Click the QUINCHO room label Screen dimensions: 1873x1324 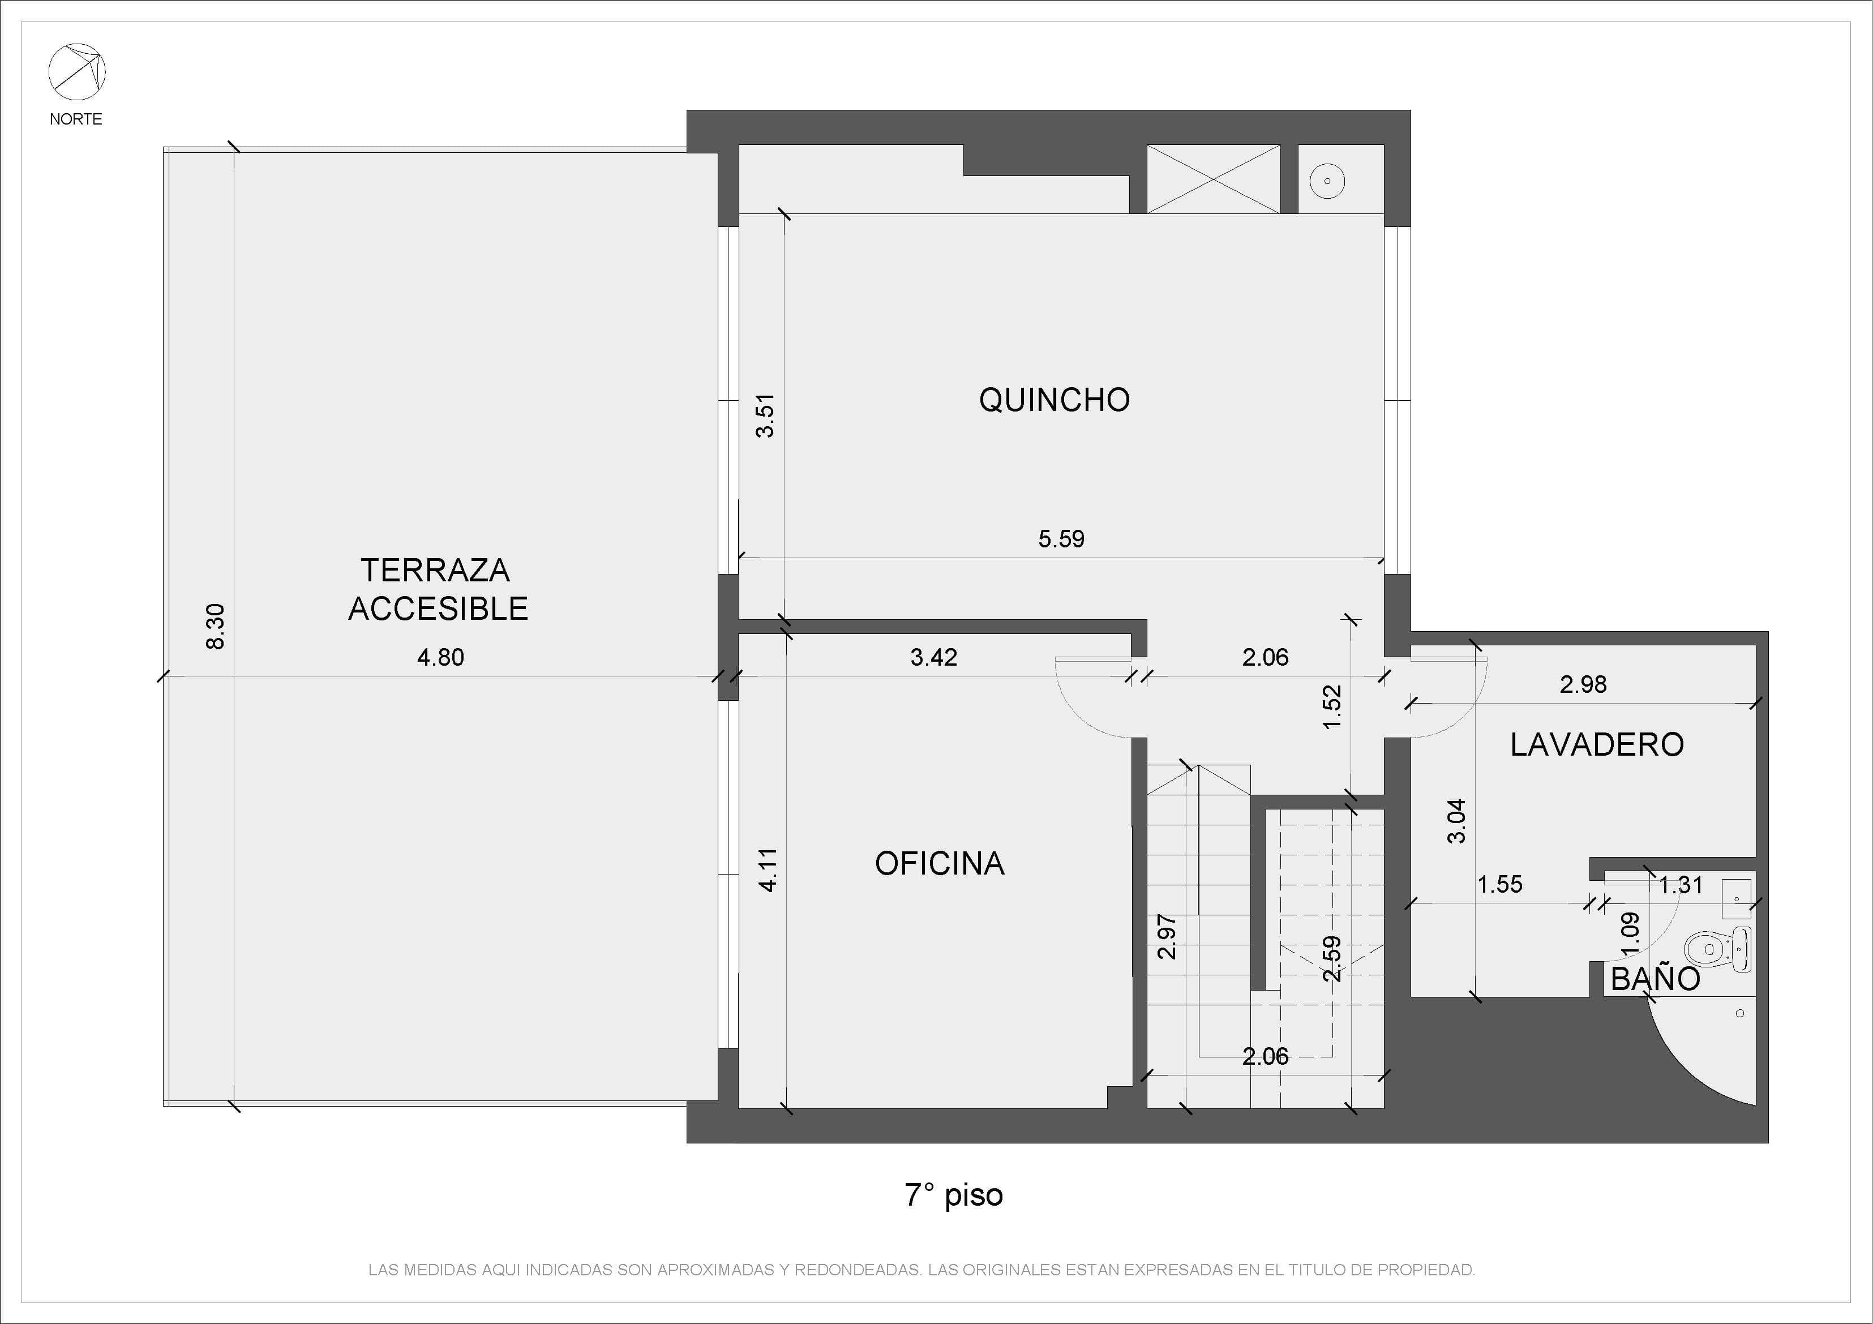(1054, 400)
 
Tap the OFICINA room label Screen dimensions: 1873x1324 (940, 863)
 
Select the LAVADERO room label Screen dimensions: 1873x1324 (1596, 744)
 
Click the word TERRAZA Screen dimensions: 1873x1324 (436, 570)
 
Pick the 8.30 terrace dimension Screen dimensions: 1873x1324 (215, 627)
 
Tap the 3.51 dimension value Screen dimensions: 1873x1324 (765, 416)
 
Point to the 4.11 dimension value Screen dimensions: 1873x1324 (768, 869)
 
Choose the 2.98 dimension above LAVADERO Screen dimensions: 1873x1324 (1583, 684)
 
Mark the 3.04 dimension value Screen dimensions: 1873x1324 (1456, 821)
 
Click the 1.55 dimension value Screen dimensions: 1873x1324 (1500, 884)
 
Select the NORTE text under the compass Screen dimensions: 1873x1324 (76, 119)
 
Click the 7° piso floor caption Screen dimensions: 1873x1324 (954, 1195)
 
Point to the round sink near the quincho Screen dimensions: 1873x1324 (1327, 181)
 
